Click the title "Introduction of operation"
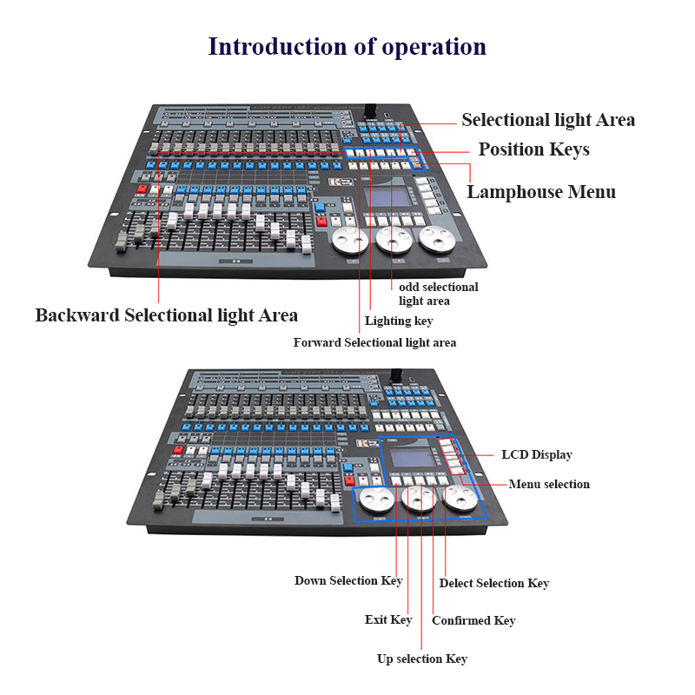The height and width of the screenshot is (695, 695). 347,46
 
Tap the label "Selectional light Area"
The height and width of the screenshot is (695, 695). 547,120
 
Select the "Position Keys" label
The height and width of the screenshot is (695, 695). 533,149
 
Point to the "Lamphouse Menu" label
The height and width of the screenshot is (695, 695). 540,192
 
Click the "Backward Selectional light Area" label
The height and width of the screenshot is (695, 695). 166,315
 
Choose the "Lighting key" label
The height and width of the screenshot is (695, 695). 399,321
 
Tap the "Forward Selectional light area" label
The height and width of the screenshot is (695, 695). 374,342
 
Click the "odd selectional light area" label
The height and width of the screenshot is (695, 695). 438,294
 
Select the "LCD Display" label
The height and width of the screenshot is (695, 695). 537,454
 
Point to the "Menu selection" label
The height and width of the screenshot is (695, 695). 549,484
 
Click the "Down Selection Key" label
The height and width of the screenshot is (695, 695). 348,580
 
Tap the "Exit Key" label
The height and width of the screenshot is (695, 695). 388,619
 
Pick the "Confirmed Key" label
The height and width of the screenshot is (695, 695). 473,620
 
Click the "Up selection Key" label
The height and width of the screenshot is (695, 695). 422,659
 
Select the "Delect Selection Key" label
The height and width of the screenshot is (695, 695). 494,583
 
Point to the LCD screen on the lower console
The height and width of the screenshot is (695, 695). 410,459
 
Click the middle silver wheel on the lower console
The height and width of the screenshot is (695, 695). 418,500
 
